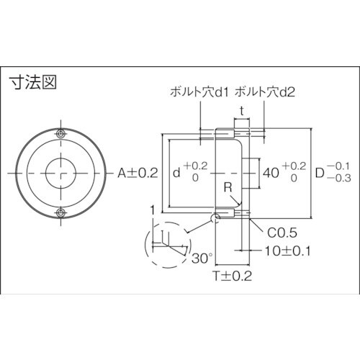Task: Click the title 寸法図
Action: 32,81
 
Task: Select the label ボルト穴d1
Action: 197,92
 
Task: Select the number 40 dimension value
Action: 271,173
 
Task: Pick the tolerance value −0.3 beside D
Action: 341,179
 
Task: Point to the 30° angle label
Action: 201,256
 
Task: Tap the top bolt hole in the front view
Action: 62,135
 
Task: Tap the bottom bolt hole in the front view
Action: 62,211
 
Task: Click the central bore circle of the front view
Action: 62,173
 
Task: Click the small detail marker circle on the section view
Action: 214,216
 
